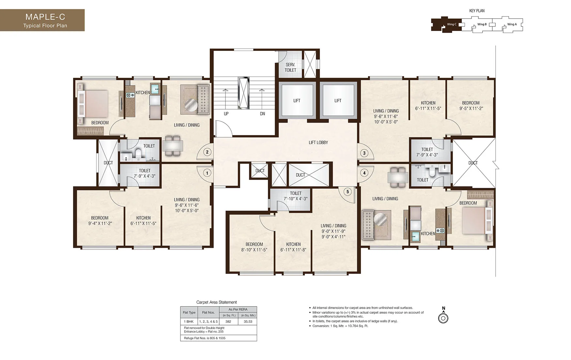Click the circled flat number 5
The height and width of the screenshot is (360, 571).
[347, 192]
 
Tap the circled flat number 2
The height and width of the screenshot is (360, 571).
[207, 152]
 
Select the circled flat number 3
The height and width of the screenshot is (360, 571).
[364, 153]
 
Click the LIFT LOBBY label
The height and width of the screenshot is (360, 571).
[318, 142]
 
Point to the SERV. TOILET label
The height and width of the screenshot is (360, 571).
[290, 67]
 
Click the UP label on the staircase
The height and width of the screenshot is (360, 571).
[226, 114]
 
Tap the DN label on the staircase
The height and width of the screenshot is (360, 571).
[262, 114]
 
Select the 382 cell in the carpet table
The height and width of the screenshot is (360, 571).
[228, 322]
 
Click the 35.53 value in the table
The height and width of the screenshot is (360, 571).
[248, 322]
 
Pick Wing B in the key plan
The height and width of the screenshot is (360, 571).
[482, 24]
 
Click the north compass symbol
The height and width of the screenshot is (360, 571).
[443, 318]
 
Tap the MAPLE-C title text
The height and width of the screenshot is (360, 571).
[45, 17]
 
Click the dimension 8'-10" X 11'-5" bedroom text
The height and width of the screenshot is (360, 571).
[254, 250]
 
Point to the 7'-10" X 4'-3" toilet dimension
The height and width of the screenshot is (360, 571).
[296, 199]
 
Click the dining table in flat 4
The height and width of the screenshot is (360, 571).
[398, 177]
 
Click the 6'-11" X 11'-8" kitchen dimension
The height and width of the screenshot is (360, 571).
[293, 250]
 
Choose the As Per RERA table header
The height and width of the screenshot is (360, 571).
[238, 309]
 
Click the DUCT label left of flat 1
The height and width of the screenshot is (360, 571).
[108, 163]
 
